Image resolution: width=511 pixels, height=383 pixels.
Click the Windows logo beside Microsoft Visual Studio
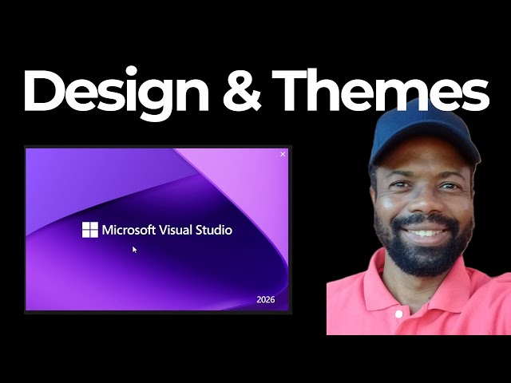[x=90, y=230]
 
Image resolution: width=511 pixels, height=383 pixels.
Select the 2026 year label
[x=266, y=300]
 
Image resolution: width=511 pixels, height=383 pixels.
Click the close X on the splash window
[x=283, y=154]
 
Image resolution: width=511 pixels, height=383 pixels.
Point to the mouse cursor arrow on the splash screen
[x=134, y=249]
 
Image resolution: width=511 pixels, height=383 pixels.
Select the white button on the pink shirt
[x=398, y=313]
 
